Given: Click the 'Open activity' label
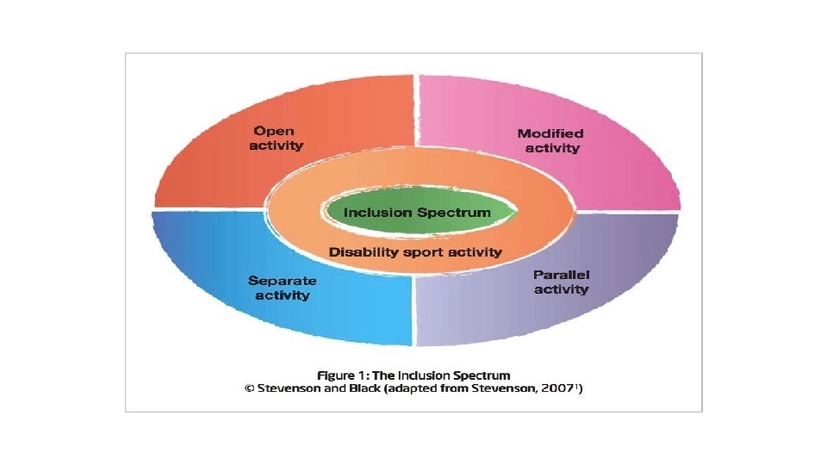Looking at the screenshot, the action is coord(277,139).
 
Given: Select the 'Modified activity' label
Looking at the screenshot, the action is coord(550,140).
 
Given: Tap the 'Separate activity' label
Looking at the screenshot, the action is coord(282,288).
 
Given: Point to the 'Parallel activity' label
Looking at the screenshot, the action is coord(561,282).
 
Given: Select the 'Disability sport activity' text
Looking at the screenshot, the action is coord(415,252).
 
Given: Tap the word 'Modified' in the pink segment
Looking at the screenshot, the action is coord(550,133).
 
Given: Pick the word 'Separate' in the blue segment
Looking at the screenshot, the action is coord(282,281).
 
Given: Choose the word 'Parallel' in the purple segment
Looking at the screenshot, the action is coord(561,276).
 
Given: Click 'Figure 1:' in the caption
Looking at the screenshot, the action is coord(343,375).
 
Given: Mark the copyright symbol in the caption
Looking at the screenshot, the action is coord(250,389).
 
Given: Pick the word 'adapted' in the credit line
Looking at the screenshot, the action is coord(426,389).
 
